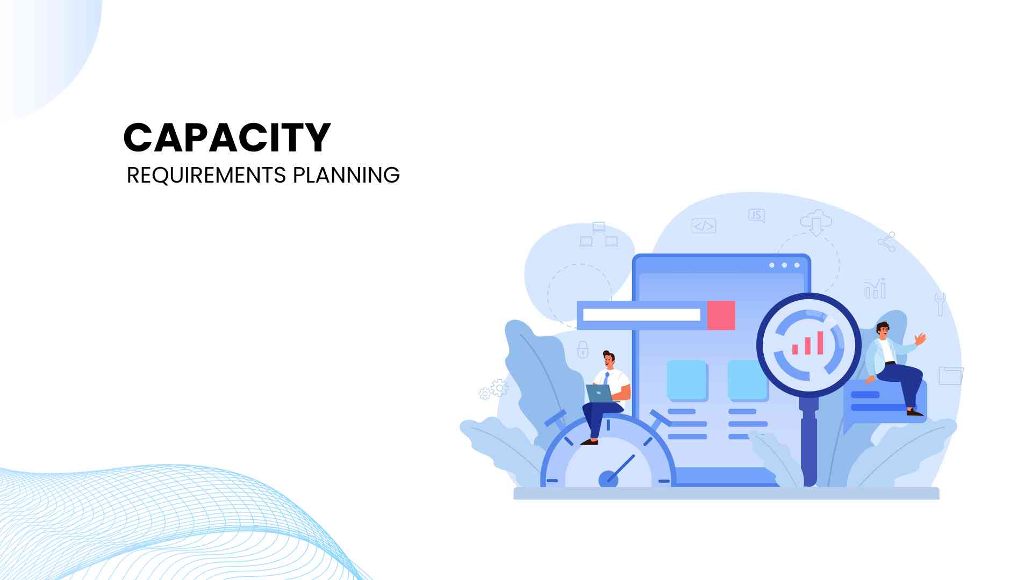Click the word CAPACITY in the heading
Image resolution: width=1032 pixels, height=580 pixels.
pos(227,137)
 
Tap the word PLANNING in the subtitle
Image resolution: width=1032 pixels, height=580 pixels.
pos(346,176)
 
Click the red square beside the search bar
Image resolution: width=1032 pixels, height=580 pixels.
pos(721,315)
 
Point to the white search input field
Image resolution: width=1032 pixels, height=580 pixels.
pos(642,315)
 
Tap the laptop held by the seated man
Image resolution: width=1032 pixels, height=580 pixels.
pos(599,393)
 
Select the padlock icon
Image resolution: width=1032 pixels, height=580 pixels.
pos(583,349)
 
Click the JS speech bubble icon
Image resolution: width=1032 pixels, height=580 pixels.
pos(756,216)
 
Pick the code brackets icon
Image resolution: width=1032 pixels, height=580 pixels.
pos(704,226)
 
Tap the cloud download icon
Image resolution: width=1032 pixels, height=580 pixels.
pos(816,222)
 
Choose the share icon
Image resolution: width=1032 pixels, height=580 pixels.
pos(887,242)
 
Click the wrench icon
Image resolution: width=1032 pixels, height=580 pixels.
pos(940,304)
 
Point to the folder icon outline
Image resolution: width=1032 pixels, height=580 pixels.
pos(951,375)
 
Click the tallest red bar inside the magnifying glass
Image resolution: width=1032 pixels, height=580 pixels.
pos(820,343)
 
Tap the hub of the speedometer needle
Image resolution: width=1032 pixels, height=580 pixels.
pos(608,479)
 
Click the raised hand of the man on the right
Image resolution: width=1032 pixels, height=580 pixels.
pos(920,339)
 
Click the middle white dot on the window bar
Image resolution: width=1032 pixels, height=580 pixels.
pos(784,265)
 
